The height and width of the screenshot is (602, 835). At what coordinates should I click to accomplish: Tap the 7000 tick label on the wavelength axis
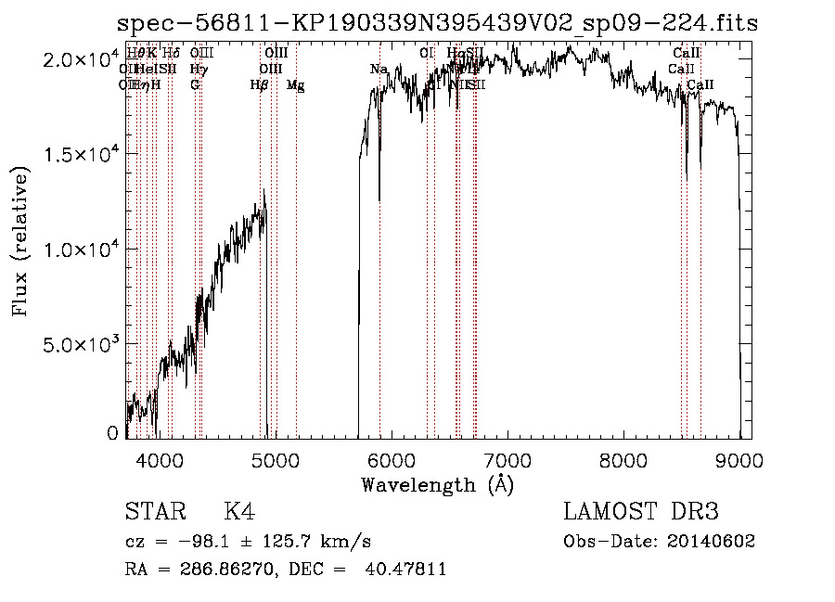click(507, 460)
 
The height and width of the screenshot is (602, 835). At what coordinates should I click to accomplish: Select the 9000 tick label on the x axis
click(739, 460)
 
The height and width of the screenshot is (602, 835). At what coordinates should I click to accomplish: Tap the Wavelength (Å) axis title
click(437, 484)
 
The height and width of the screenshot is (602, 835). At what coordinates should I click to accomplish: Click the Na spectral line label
click(379, 70)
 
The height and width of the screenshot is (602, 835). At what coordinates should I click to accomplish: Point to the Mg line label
click(296, 85)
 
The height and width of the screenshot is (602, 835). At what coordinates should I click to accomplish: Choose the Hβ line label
click(259, 85)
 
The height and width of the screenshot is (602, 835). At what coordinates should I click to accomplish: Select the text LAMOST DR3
click(641, 513)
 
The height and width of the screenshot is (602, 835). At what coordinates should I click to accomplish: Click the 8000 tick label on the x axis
click(623, 460)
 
